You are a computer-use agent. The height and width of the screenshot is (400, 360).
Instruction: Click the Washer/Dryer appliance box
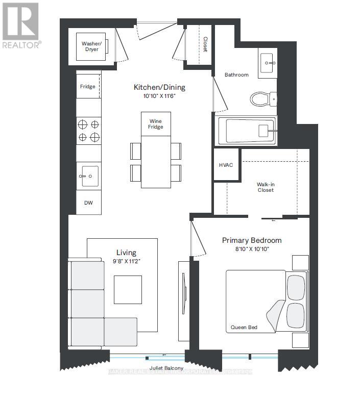[x=91, y=47]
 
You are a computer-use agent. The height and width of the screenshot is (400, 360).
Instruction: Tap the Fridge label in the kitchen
[x=87, y=87]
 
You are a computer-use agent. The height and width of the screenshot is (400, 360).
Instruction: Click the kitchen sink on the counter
[x=88, y=176]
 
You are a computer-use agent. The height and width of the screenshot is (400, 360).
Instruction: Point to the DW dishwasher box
[x=88, y=203]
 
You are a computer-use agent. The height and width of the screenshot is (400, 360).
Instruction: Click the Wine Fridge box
[x=156, y=124]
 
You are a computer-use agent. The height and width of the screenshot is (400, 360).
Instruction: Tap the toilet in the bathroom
[x=262, y=98]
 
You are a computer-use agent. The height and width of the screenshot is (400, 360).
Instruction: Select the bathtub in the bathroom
[x=247, y=131]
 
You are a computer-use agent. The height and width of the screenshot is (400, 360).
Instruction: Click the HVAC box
[x=226, y=165]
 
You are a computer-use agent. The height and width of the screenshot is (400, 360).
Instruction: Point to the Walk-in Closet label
[x=266, y=187]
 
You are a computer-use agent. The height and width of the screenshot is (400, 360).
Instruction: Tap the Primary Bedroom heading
[x=251, y=240]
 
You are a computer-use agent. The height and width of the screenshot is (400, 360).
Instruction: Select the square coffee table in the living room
[x=128, y=289]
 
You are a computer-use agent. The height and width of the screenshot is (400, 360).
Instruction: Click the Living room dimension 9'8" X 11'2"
[x=126, y=261]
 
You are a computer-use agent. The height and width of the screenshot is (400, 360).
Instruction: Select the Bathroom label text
[x=236, y=75]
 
